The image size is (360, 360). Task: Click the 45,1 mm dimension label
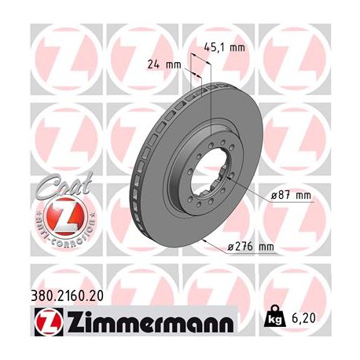click(x=222, y=46)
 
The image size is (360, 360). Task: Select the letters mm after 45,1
click(x=235, y=46)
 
